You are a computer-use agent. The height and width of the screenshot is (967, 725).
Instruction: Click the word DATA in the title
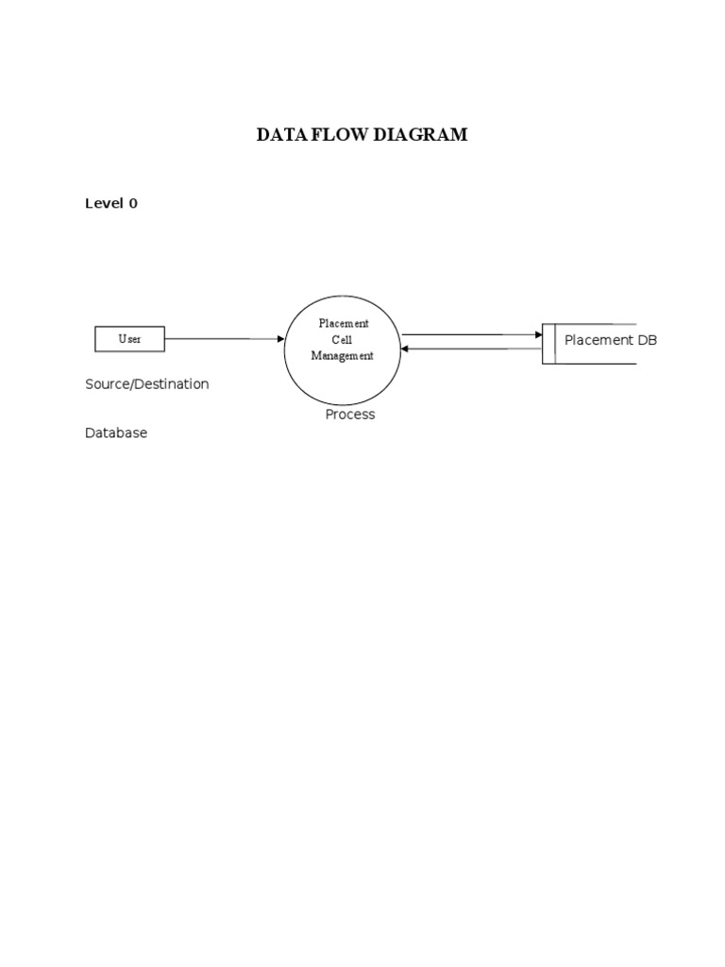[x=278, y=135]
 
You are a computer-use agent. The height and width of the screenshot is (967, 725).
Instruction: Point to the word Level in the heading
[x=105, y=203]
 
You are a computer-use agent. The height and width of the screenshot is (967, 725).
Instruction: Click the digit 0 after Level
[x=133, y=203]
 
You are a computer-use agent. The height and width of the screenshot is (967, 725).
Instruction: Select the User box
[x=129, y=339]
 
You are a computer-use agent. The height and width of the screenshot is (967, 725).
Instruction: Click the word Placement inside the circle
[x=343, y=324]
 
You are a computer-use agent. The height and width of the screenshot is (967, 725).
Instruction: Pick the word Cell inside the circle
[x=343, y=340]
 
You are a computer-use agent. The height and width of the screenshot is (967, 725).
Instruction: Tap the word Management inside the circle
[x=343, y=356]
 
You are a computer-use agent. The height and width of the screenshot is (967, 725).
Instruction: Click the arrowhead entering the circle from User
[x=280, y=339]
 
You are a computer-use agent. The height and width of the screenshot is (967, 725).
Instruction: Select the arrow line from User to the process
[x=222, y=339]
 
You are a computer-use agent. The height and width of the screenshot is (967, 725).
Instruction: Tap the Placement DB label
[x=610, y=340]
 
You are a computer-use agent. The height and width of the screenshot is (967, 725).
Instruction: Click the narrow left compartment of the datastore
[x=548, y=345]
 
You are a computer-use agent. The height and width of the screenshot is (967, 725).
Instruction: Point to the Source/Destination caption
[x=147, y=384]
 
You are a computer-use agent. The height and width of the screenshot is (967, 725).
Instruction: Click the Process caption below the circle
[x=350, y=415]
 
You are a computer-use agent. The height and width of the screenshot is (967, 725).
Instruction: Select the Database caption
[x=116, y=433]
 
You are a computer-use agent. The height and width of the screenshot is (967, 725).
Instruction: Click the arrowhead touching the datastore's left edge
[x=538, y=334]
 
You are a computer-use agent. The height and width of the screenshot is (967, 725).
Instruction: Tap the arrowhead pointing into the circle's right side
[x=406, y=349]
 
